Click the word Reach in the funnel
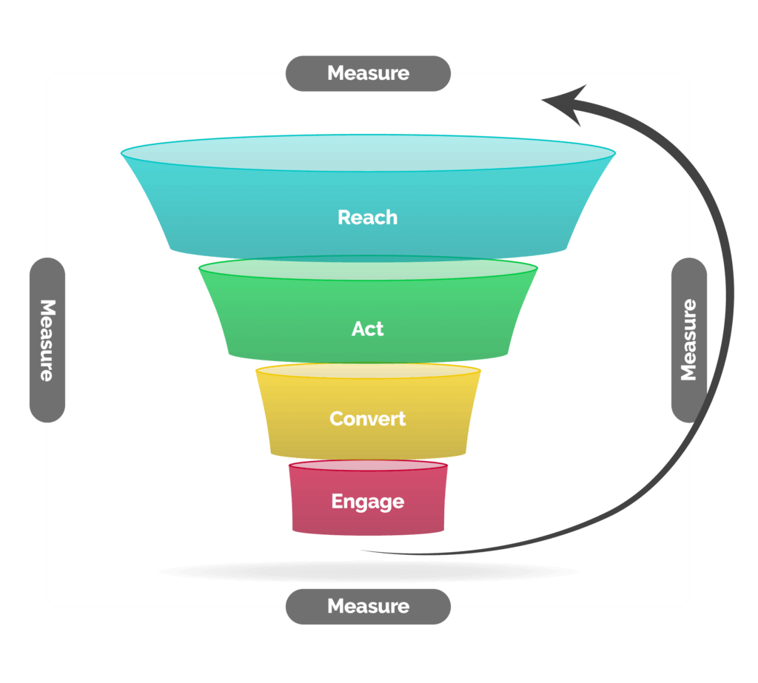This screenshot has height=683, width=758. (x=367, y=218)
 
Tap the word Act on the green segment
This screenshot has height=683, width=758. (x=367, y=329)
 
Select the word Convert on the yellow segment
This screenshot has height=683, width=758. (x=367, y=419)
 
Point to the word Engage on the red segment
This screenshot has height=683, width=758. (x=367, y=502)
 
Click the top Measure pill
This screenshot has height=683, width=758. (x=369, y=73)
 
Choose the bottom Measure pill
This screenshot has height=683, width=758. (x=369, y=607)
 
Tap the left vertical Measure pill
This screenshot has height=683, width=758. (x=47, y=340)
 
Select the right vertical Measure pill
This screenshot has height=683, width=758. (x=689, y=340)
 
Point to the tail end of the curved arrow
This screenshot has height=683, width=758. (x=361, y=550)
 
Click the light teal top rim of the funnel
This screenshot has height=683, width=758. (x=368, y=152)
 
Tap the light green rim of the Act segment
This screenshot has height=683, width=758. (x=368, y=268)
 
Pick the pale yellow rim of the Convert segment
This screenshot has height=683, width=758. (x=368, y=371)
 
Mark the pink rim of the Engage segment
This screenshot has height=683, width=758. (x=368, y=465)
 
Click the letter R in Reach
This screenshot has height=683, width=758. (x=343, y=218)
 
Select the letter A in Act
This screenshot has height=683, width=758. (x=358, y=329)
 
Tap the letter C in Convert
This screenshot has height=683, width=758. (x=337, y=419)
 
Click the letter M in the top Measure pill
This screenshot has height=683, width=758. (x=337, y=73)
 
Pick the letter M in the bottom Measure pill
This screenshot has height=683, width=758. (x=337, y=607)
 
